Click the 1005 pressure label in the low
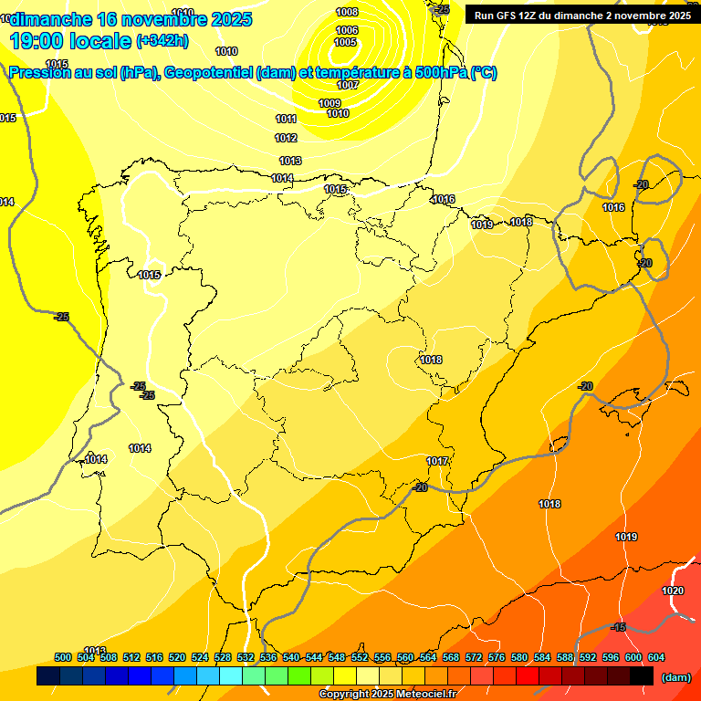tap(345, 42)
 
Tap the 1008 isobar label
tap(347, 12)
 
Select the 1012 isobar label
tap(286, 138)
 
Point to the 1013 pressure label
tap(290, 161)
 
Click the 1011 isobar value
tap(286, 119)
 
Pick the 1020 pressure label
tap(672, 591)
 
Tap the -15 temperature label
tap(619, 627)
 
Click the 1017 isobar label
tap(437, 461)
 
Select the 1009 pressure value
tap(330, 103)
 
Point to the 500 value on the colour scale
tap(63, 657)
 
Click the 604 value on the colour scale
tap(656, 657)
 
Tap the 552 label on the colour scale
tap(360, 657)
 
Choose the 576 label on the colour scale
tap(497, 657)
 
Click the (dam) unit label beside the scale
tap(675, 676)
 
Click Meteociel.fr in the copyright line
tap(422, 695)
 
